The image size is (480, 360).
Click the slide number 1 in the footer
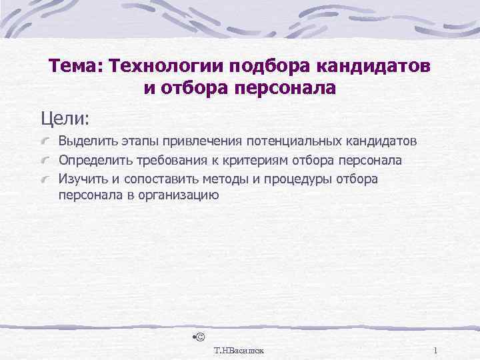click(x=434, y=350)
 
